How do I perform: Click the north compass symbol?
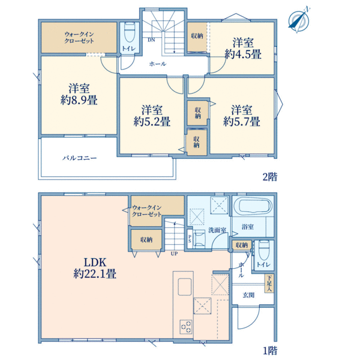click(x=298, y=20)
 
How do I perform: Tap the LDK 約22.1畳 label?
click(x=95, y=268)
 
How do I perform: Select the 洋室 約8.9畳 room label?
click(x=79, y=94)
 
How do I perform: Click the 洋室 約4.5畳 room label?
click(x=243, y=49)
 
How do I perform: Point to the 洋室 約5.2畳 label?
click(x=152, y=116)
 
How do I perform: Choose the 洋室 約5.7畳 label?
click(x=242, y=116)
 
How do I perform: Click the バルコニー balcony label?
click(x=80, y=158)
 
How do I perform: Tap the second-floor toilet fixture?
click(x=130, y=32)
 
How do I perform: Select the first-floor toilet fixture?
click(x=263, y=250)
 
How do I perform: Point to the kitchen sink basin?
click(x=185, y=287)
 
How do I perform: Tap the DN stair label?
click(x=151, y=40)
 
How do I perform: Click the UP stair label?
click(x=174, y=254)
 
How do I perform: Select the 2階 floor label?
click(x=270, y=177)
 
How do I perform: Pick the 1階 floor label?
click(x=270, y=350)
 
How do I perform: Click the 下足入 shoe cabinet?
click(x=269, y=284)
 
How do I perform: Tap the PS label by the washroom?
click(x=190, y=238)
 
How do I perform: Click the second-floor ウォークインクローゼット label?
click(x=79, y=38)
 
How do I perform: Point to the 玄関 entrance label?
click(x=248, y=295)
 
